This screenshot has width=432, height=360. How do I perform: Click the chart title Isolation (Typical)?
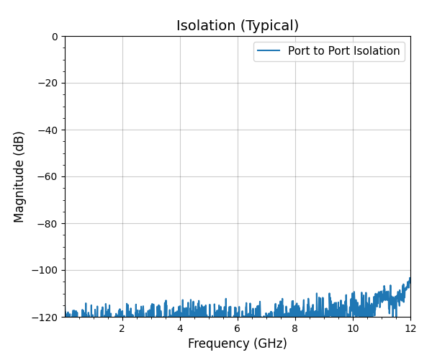[238, 26]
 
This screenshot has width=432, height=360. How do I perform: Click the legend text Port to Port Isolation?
[343, 51]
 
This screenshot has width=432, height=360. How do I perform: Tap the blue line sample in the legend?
[269, 51]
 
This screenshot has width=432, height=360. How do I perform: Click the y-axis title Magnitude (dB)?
[19, 176]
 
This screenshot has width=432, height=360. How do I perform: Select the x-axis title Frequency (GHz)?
[238, 344]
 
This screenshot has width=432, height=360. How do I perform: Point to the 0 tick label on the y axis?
[55, 37]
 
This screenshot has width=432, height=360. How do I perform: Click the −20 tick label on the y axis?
[48, 84]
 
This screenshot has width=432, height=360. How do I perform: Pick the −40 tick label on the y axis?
[48, 130]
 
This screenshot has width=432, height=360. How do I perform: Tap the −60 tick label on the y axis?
[48, 177]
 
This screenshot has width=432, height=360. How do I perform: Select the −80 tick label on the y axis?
[48, 224]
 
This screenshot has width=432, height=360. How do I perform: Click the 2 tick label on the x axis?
[122, 328]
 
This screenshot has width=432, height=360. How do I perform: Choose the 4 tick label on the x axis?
[180, 328]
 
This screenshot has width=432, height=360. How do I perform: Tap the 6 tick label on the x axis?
[238, 328]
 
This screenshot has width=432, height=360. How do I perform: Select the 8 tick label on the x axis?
[295, 328]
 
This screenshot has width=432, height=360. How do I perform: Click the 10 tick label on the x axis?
[353, 328]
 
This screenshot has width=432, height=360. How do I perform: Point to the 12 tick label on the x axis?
[410, 328]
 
